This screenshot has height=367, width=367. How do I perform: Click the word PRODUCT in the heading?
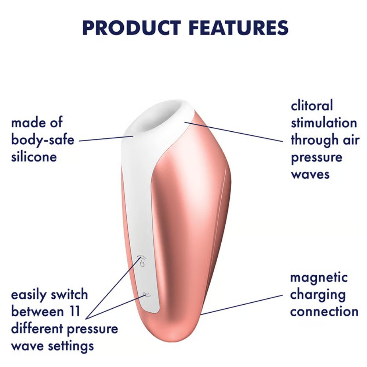click(x=131, y=28)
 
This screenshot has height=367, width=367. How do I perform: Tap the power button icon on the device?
click(x=142, y=261)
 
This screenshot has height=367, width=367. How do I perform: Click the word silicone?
click(x=34, y=157)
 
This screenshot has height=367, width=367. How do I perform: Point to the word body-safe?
click(x=43, y=140)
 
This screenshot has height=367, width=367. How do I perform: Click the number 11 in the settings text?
click(x=75, y=312)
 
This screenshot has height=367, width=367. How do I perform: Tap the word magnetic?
click(x=319, y=278)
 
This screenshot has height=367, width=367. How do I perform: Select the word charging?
click(x=318, y=295)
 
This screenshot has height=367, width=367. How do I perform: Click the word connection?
click(x=324, y=312)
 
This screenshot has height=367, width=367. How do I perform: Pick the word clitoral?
click(x=312, y=105)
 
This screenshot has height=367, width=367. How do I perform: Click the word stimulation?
click(x=324, y=123)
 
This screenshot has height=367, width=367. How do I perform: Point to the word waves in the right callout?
click(x=310, y=174)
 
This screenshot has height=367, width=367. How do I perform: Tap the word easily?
click(x=29, y=295)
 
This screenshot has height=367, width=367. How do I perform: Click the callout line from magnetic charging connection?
click(x=241, y=305)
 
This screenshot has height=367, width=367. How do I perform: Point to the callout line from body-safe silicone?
click(x=106, y=138)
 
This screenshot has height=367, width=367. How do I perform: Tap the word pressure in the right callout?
click(x=316, y=158)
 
